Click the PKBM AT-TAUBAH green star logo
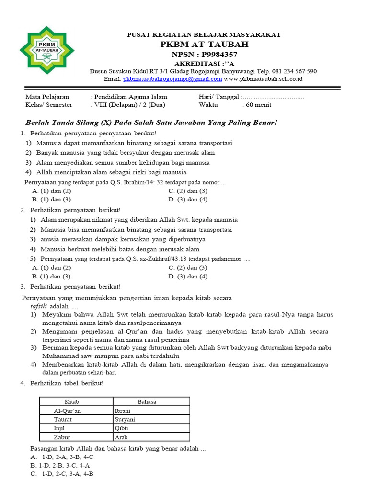pos(46,50)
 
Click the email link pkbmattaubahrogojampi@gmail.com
pos(172,79)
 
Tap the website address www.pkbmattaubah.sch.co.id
pos(263,79)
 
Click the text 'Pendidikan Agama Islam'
pos(129,97)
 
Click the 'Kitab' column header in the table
pos(76,401)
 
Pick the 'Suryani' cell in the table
pos(125,419)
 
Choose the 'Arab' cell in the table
pos(121,437)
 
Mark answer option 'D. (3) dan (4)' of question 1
pos(188,199)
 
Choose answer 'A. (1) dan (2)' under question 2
pos(51,267)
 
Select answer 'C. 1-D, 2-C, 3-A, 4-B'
pos(61,474)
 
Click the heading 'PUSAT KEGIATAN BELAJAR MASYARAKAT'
pos(204,35)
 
